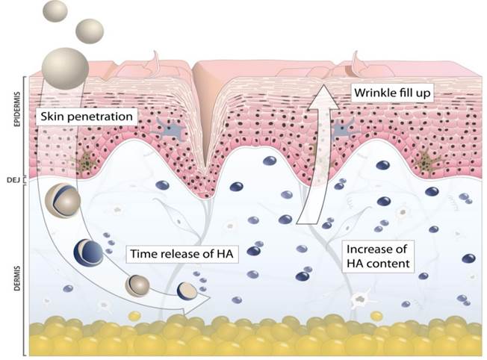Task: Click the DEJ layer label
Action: coord(17,179)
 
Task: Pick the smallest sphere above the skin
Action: coord(56,10)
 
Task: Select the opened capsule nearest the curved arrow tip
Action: coord(187,291)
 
